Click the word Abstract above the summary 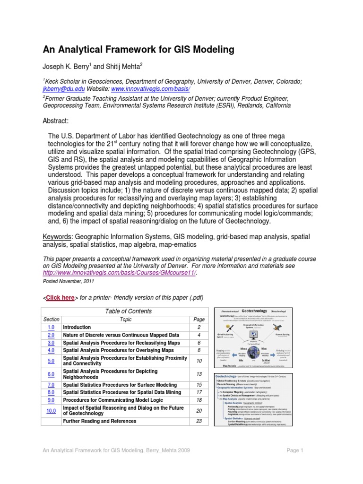point(56,121)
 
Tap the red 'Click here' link point(60,297)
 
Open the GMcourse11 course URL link point(120,273)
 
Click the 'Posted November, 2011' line point(69,281)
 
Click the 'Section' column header point(52,320)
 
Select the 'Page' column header point(199,320)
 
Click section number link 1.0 point(52,327)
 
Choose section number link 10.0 point(52,411)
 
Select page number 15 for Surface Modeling point(199,385)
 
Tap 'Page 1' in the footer point(295,450)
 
